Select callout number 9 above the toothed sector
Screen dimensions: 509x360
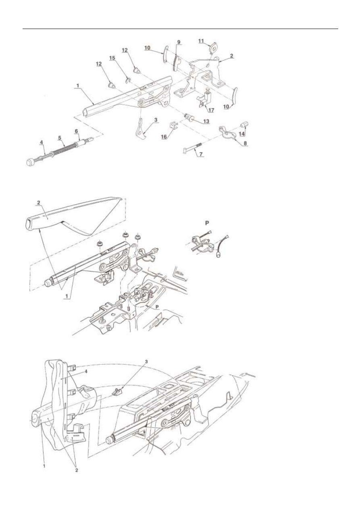pyautogui.click(x=179, y=42)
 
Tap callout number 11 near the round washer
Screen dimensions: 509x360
pyautogui.click(x=201, y=41)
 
